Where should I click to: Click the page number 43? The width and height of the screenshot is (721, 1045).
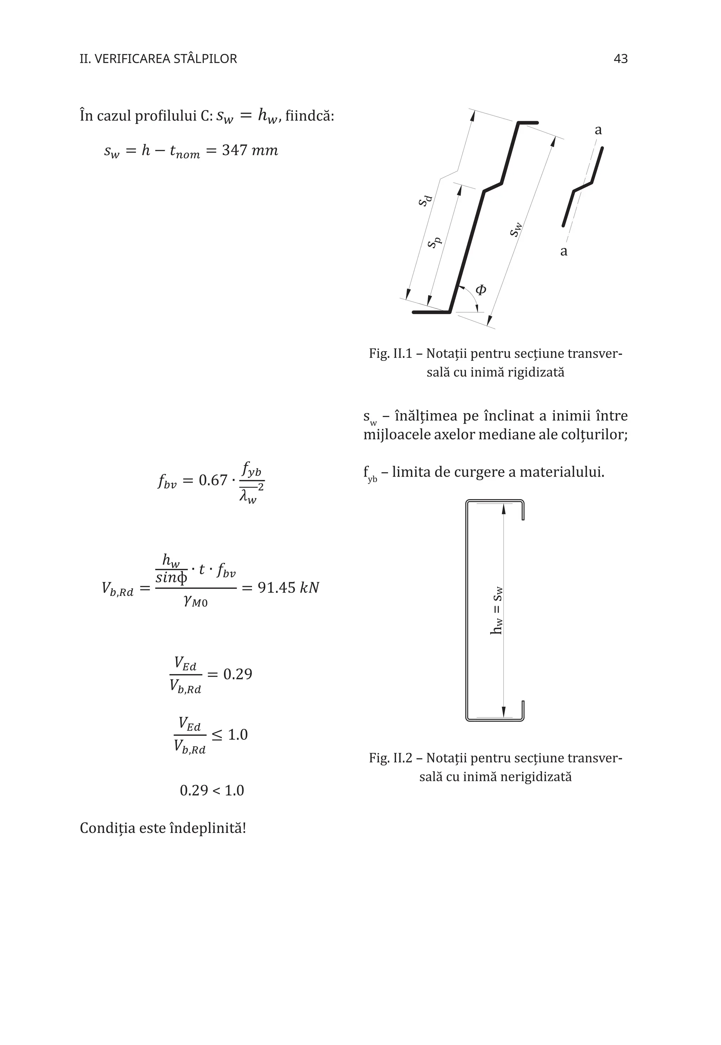[x=620, y=59]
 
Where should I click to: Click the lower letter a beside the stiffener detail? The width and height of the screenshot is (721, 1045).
[x=563, y=251]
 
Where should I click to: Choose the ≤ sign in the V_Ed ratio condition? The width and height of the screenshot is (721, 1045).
[x=217, y=735]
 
